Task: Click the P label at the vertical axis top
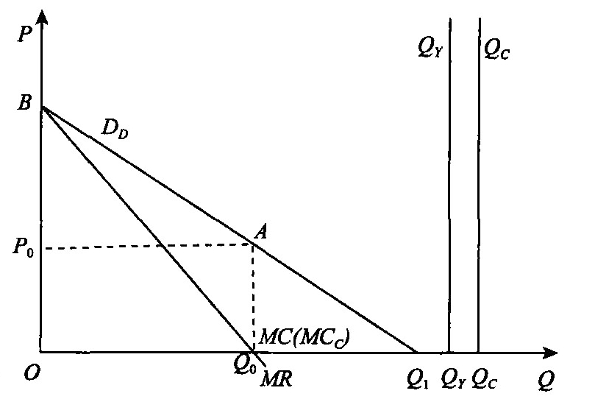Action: point(25,35)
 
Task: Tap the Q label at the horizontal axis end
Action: point(546,380)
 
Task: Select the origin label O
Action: point(32,373)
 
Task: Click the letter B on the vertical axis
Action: point(24,102)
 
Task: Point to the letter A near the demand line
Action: point(260,231)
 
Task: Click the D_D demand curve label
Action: point(115,130)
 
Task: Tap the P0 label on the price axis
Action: point(23,247)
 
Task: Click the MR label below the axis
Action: point(277,379)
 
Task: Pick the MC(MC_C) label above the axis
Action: point(304,337)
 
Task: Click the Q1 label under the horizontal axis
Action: point(417,380)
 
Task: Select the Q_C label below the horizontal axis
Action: point(484,380)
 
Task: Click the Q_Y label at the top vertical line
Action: point(430,49)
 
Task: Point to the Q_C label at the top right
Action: point(496,49)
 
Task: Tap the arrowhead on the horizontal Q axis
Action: point(550,353)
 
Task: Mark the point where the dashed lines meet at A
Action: point(253,245)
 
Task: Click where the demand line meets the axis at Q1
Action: point(417,353)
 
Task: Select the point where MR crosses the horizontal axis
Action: point(253,352)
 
